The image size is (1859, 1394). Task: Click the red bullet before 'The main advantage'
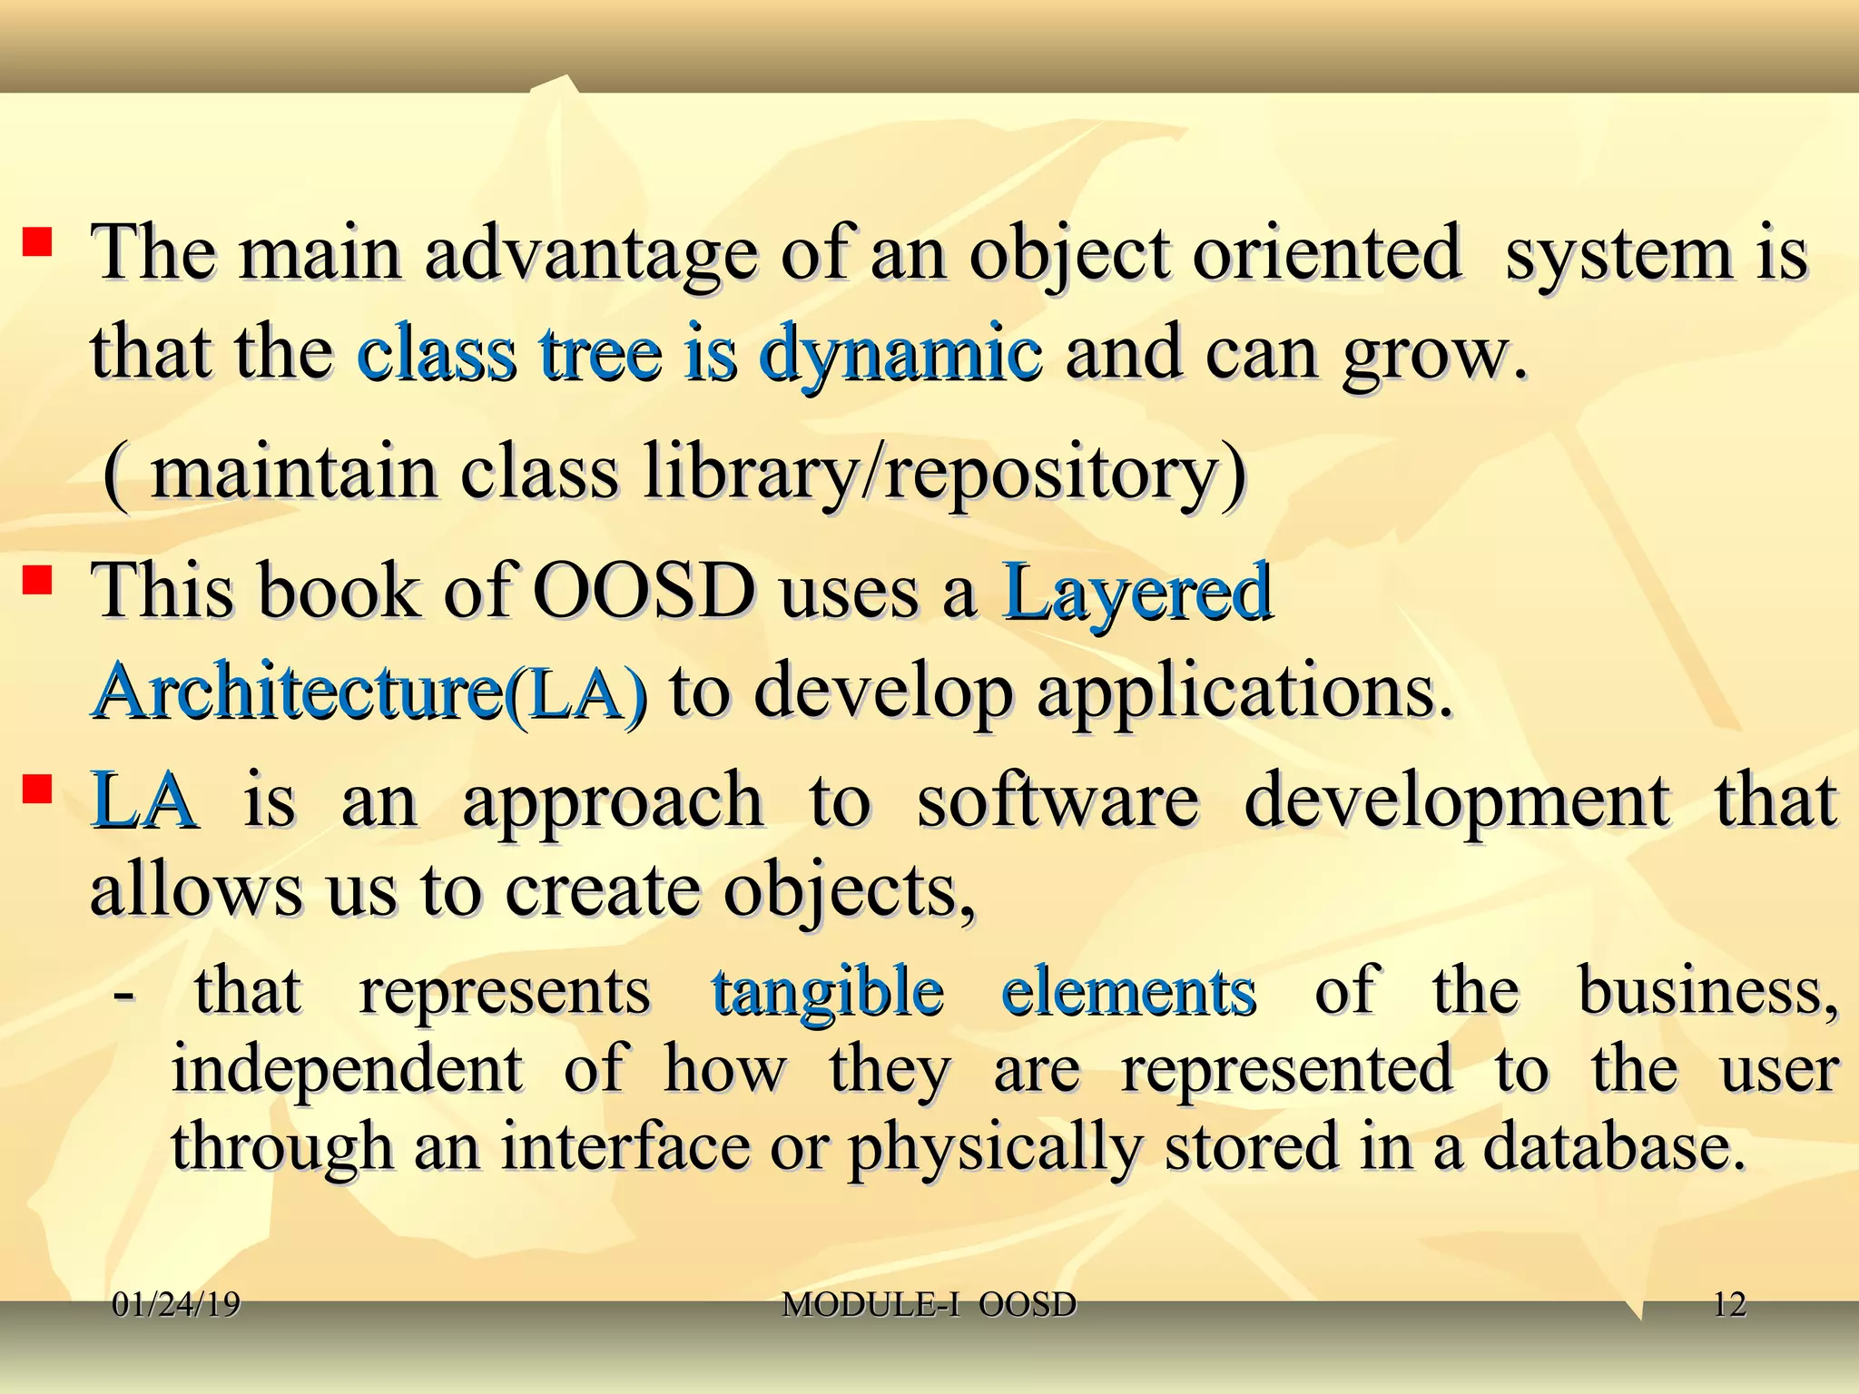[36, 242]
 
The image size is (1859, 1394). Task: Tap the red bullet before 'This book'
[36, 580]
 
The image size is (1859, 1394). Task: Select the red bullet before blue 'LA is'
[36, 789]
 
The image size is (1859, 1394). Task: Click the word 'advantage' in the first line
[590, 255]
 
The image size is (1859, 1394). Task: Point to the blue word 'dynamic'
[900, 354]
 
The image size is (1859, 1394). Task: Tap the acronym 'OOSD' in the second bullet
[644, 592]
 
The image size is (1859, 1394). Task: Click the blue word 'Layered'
[1136, 592]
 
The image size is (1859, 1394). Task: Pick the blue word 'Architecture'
[297, 692]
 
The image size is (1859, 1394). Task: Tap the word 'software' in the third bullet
[1057, 800]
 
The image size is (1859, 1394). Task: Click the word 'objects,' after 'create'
[849, 891]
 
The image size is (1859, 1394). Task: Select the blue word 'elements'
[1128, 991]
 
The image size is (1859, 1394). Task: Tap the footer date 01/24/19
[176, 1305]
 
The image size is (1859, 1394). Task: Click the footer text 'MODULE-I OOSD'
[929, 1305]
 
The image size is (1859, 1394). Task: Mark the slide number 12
[1729, 1305]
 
